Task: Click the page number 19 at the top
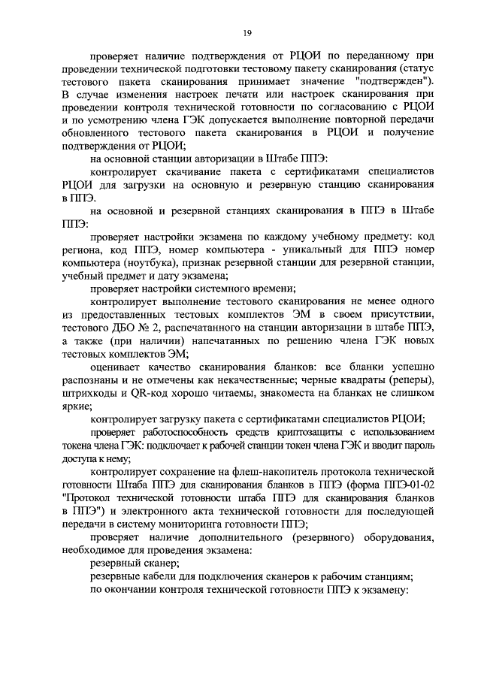[246, 32]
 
